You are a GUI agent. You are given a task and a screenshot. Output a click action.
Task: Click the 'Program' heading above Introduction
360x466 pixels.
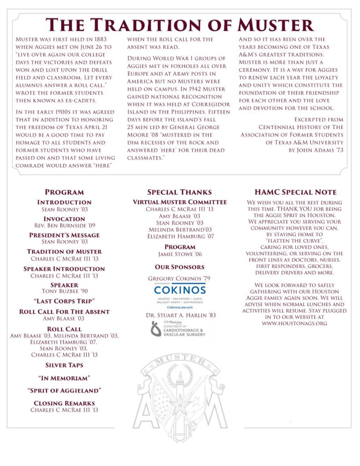tap(64, 192)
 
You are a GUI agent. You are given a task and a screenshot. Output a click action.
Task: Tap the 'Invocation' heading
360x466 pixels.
tap(64, 219)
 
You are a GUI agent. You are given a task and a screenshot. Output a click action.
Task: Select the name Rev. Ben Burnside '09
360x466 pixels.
tap(64, 225)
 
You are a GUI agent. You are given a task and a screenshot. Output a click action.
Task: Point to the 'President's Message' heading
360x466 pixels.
tap(64, 235)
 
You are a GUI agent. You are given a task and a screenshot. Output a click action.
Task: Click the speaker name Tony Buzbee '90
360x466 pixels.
tap(64, 291)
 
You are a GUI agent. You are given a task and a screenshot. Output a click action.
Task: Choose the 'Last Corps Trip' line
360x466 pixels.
tap(64, 301)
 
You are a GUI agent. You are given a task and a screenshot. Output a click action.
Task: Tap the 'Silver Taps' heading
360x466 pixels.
tap(64, 365)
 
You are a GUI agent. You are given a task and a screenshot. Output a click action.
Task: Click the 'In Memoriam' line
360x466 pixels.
tap(64, 378)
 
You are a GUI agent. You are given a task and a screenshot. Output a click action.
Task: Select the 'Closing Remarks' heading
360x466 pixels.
tap(64, 403)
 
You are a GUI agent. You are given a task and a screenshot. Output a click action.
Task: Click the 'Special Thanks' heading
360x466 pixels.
tap(179, 192)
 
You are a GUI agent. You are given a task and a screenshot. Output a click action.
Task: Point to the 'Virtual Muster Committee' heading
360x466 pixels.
tap(179, 202)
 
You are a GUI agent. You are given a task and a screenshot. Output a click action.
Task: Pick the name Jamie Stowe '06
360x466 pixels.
tap(179, 254)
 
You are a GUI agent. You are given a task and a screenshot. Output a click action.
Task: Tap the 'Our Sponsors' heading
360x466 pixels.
tap(179, 267)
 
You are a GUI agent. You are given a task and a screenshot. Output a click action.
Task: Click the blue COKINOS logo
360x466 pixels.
tap(179, 290)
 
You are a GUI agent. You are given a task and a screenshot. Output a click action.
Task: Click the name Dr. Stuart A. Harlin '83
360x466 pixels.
tap(179, 315)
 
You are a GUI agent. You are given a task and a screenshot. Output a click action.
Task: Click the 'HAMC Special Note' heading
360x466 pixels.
tap(295, 192)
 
